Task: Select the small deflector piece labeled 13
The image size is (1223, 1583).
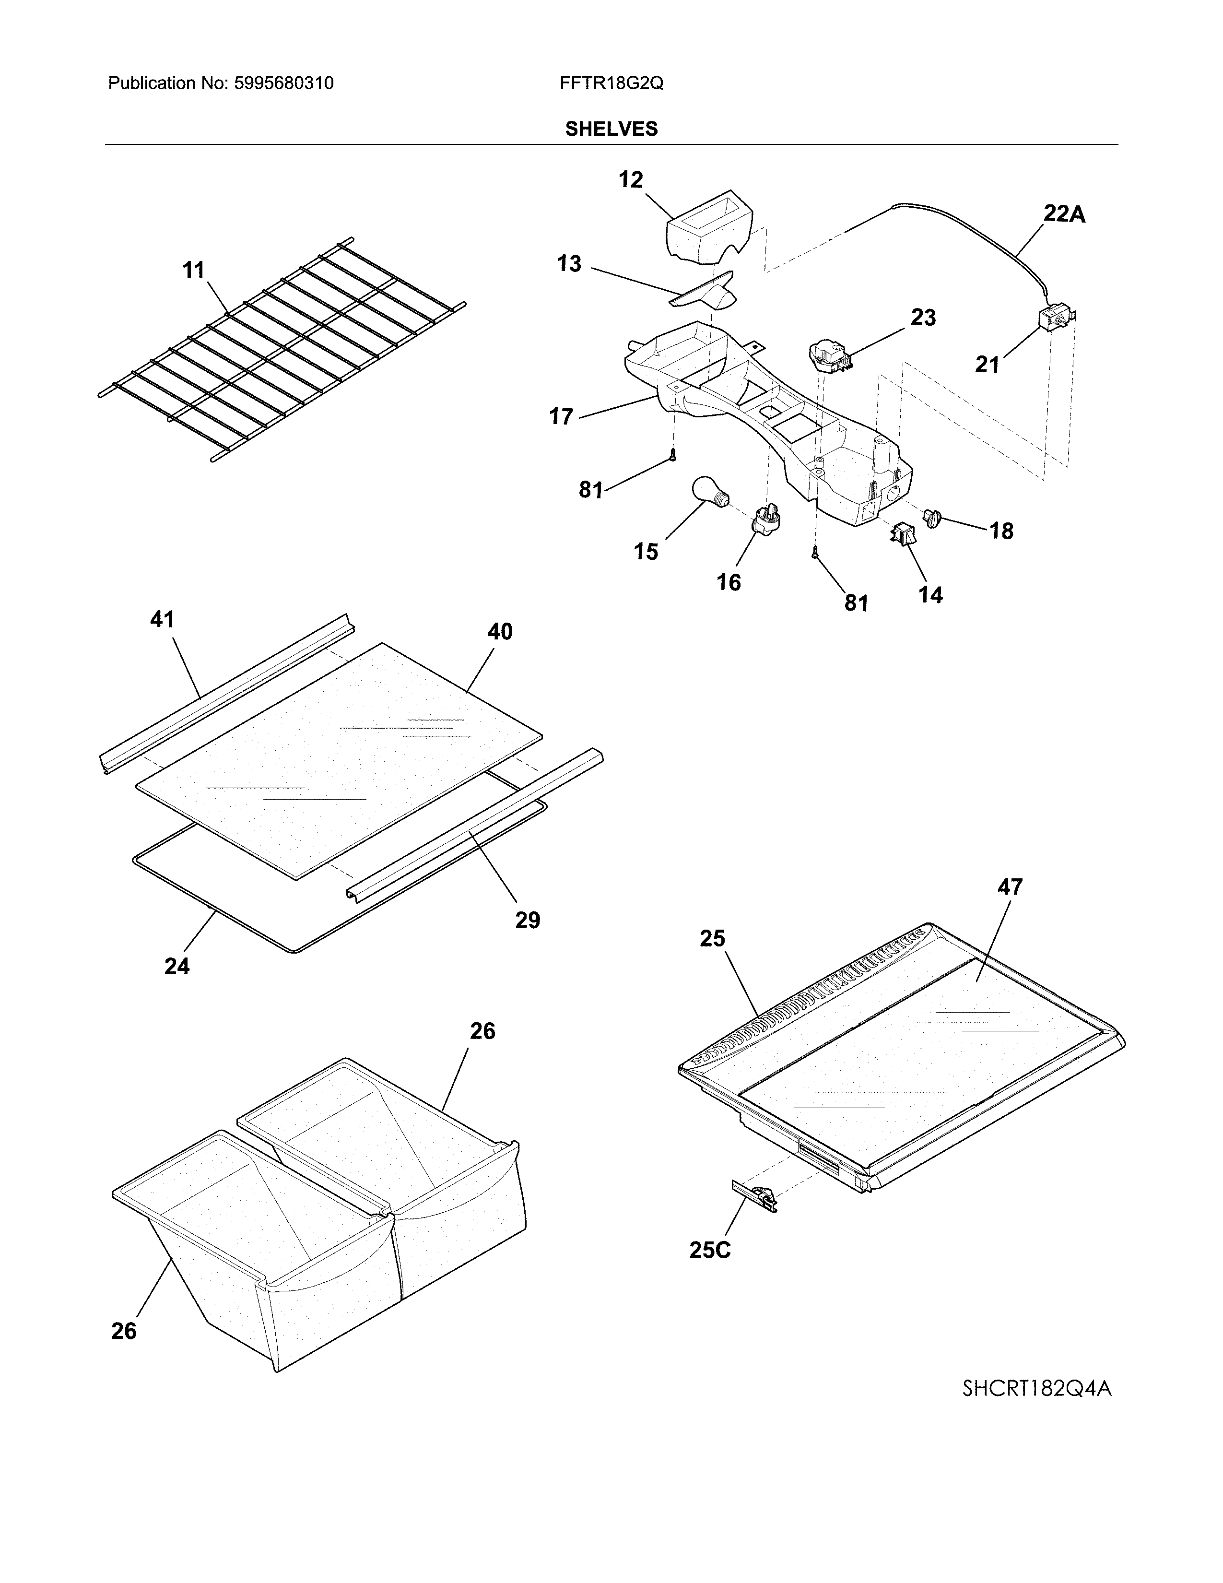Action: click(x=706, y=292)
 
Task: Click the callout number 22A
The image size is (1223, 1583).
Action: click(x=1064, y=214)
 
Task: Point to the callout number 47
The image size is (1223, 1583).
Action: click(x=1010, y=886)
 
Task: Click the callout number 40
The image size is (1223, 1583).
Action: click(x=499, y=632)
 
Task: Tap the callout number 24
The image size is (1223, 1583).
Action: click(x=177, y=966)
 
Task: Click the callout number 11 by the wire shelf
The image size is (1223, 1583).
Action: click(x=193, y=271)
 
